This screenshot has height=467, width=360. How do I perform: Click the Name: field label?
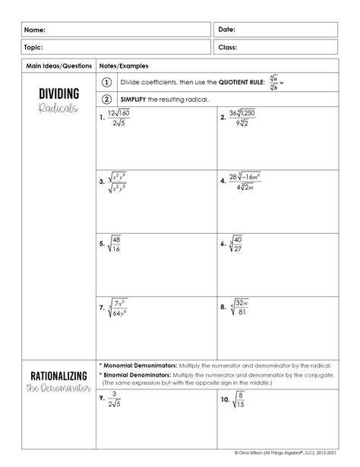point(34,30)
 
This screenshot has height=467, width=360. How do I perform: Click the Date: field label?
point(227,30)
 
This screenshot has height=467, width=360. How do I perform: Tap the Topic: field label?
point(35,47)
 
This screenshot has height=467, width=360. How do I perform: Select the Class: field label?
point(228,47)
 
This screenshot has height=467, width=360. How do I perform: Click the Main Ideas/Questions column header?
point(58,66)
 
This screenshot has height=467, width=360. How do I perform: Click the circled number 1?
point(107,82)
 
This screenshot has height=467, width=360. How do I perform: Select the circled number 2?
point(107,99)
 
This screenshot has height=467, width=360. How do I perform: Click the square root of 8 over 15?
point(238,399)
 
